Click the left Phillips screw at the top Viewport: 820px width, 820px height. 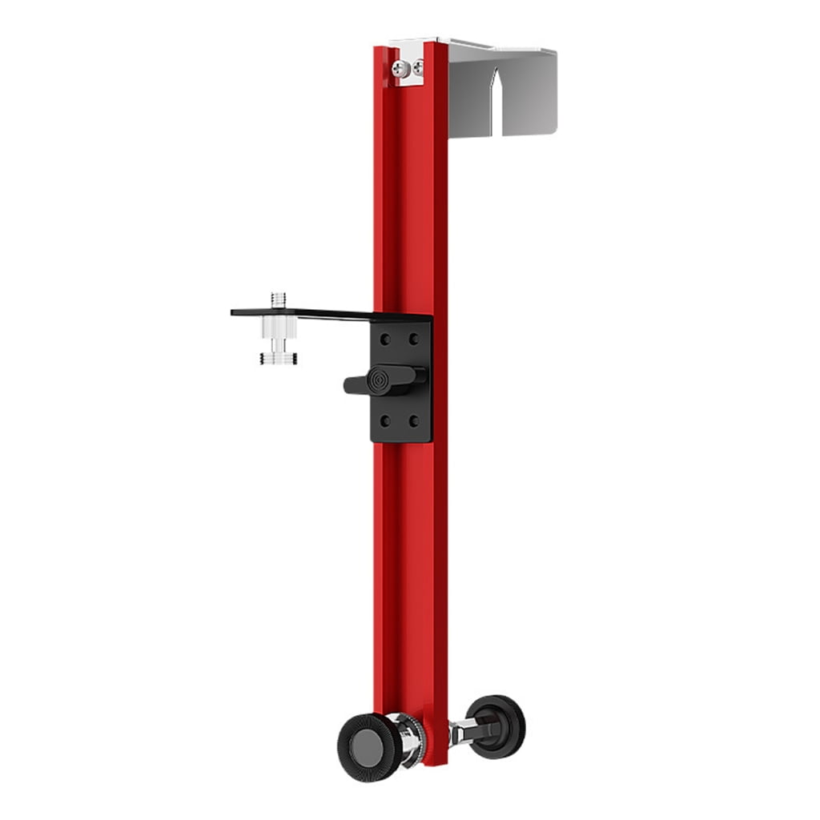pyautogui.click(x=399, y=69)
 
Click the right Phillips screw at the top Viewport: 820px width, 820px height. pyautogui.click(x=417, y=68)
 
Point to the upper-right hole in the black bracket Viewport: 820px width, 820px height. pyautogui.click(x=413, y=339)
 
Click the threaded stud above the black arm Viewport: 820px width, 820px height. pyautogui.click(x=279, y=300)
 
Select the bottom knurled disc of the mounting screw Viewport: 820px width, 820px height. pyautogui.click(x=279, y=358)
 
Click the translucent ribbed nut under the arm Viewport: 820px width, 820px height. pyautogui.click(x=279, y=328)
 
